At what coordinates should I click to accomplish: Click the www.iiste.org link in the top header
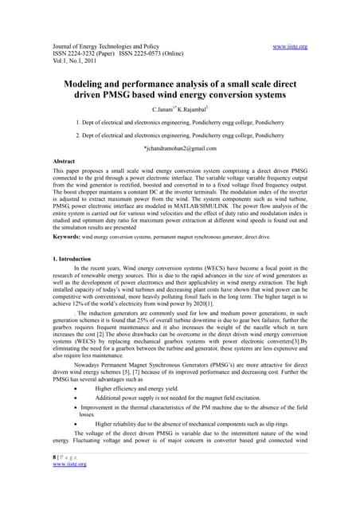click(x=312, y=47)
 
